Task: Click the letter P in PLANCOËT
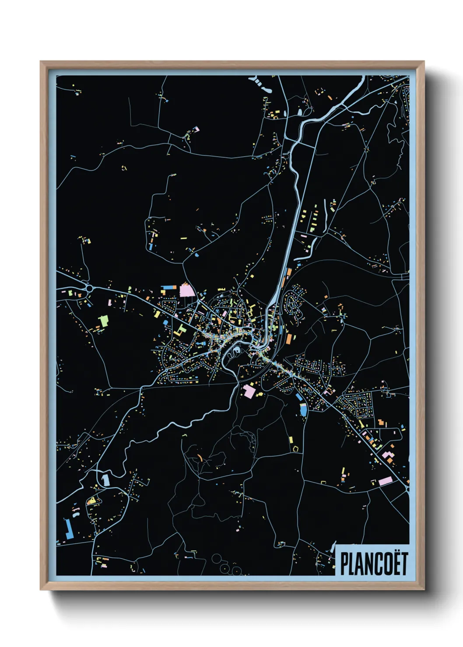tap(344, 564)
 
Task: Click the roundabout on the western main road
tap(89, 288)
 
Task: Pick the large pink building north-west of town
tap(186, 289)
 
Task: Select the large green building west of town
tap(103, 320)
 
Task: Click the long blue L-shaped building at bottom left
tap(68, 529)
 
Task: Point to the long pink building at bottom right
tap(386, 481)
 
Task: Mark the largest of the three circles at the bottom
tap(217, 559)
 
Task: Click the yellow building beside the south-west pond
tap(92, 501)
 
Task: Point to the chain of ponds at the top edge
tap(260, 84)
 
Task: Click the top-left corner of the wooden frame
tap(41, 62)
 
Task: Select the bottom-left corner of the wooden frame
tap(41, 589)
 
